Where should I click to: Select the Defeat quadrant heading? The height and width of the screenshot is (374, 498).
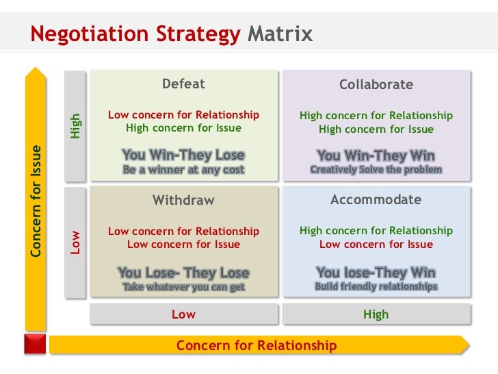[x=183, y=84]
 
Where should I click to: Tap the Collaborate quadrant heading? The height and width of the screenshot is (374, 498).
[x=376, y=85]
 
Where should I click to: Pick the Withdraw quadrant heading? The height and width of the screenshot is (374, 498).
[x=183, y=201]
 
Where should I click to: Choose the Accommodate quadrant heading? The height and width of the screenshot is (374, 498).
[x=376, y=200]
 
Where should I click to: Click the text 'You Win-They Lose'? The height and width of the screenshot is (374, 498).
[x=183, y=155]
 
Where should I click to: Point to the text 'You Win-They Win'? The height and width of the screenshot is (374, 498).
[x=376, y=155]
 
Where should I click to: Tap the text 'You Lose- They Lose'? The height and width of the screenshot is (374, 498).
[x=183, y=273]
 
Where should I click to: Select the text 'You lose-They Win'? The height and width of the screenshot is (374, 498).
[x=376, y=273]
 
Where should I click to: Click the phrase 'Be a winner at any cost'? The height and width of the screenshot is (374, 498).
[x=183, y=169]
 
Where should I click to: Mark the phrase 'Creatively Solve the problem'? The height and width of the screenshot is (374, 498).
[x=376, y=169]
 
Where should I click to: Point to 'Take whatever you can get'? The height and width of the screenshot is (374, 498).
[x=183, y=287]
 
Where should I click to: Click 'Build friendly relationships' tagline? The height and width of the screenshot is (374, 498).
[x=376, y=286]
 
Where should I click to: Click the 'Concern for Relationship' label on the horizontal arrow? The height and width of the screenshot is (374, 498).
[x=257, y=345]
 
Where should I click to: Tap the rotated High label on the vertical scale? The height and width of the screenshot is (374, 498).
[x=76, y=125]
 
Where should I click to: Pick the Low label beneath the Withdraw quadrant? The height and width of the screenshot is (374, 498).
[x=183, y=314]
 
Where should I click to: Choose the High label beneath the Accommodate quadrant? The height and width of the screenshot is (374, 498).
[x=376, y=314]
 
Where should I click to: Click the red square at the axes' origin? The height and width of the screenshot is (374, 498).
[x=35, y=344]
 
